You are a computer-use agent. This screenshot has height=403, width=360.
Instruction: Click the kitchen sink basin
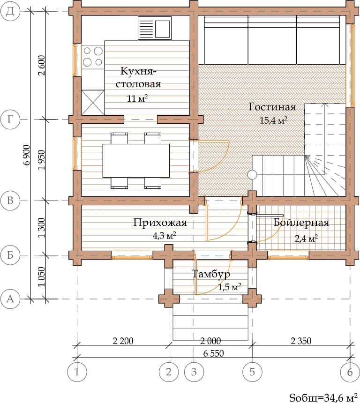[x=162, y=28]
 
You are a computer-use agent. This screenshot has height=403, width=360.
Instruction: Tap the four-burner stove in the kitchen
[x=93, y=57]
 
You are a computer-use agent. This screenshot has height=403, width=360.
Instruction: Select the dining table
[x=136, y=161]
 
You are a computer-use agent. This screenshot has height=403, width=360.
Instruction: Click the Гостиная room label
[x=272, y=107]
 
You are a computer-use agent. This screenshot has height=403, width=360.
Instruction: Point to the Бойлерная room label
[x=301, y=223]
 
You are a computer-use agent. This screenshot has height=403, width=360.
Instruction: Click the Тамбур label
[x=211, y=275]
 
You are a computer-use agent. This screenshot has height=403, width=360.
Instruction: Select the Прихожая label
[x=160, y=223]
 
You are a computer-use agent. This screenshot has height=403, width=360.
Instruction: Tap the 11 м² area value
[x=137, y=98]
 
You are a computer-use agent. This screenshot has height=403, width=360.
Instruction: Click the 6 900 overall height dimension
[x=27, y=155]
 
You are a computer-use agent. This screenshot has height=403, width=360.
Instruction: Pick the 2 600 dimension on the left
[x=41, y=65]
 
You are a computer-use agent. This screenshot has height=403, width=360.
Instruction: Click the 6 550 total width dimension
[x=213, y=354]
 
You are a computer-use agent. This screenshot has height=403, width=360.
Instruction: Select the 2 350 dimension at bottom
[x=301, y=341]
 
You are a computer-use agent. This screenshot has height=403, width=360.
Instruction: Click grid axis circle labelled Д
[x=10, y=11]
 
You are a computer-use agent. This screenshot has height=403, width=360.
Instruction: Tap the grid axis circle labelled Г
[x=10, y=119]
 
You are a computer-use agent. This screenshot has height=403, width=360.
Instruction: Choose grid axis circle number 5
[x=252, y=372]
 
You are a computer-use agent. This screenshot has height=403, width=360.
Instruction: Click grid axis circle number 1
[x=77, y=372]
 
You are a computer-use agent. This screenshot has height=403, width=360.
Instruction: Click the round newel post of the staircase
[x=252, y=175]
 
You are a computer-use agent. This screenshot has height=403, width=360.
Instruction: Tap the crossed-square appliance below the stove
[x=93, y=103]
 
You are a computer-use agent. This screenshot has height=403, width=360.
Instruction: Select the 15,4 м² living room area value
[x=273, y=120]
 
